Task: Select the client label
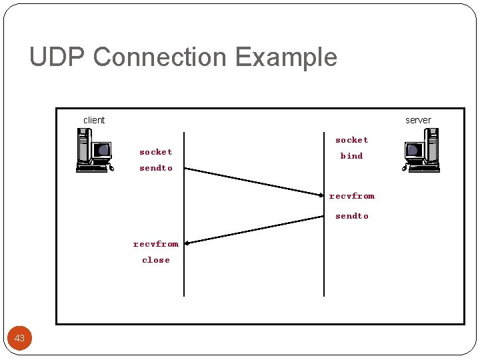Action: [94, 120]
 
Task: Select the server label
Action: [418, 120]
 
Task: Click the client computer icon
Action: [93, 151]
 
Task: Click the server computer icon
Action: [421, 151]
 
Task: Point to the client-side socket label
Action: [155, 152]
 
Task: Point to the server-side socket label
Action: [351, 140]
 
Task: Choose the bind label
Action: [351, 156]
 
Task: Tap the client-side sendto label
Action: [155, 168]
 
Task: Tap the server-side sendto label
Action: [351, 216]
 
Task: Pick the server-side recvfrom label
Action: [351, 196]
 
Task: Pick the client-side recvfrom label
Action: [155, 244]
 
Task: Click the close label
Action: [155, 260]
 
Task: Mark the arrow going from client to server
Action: [253, 181]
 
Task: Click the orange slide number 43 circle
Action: [20, 338]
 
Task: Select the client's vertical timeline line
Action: [184, 280]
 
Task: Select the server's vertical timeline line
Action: [324, 280]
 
